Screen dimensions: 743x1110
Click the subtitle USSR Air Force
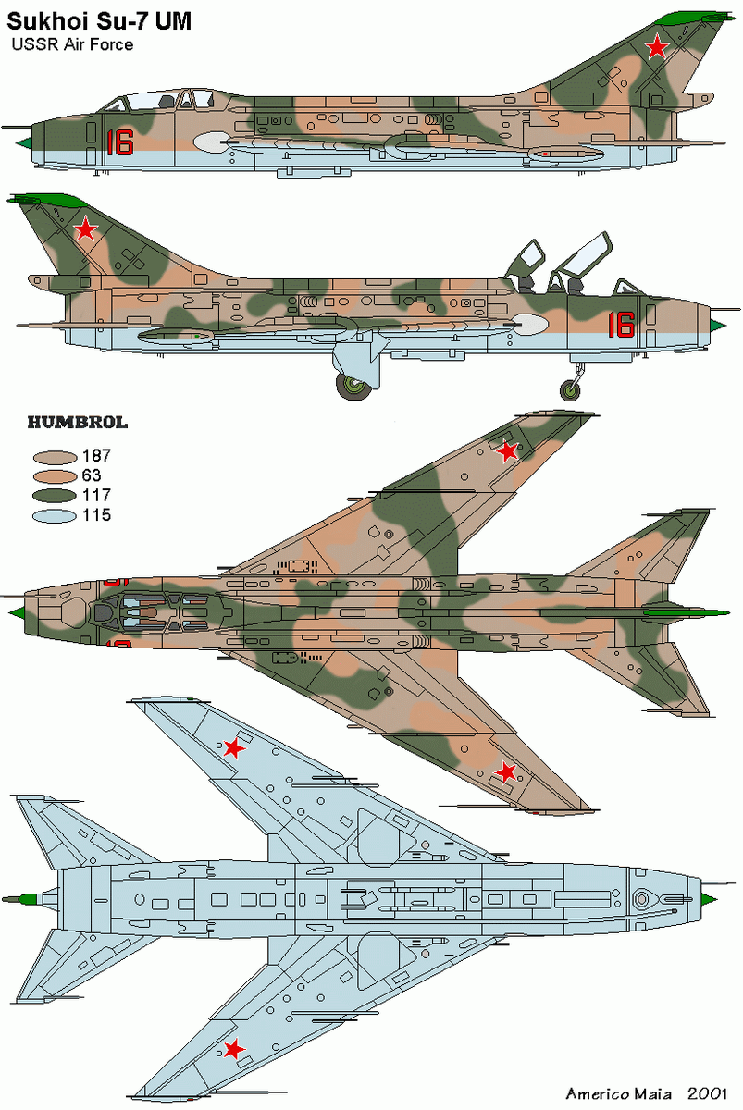coord(72,44)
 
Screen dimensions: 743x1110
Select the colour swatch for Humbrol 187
coord(54,457)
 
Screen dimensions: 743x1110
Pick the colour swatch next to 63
coord(54,476)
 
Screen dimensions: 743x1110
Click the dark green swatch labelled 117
coord(54,496)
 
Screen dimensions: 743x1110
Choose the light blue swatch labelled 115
coord(54,515)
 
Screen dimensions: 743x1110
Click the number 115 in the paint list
coord(96,515)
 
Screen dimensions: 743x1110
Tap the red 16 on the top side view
coord(119,142)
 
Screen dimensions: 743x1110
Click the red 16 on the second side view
coord(621,324)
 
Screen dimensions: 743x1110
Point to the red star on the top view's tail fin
coord(656,47)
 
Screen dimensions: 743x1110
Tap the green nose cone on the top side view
coord(26,142)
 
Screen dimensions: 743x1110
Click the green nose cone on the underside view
coord(708,898)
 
